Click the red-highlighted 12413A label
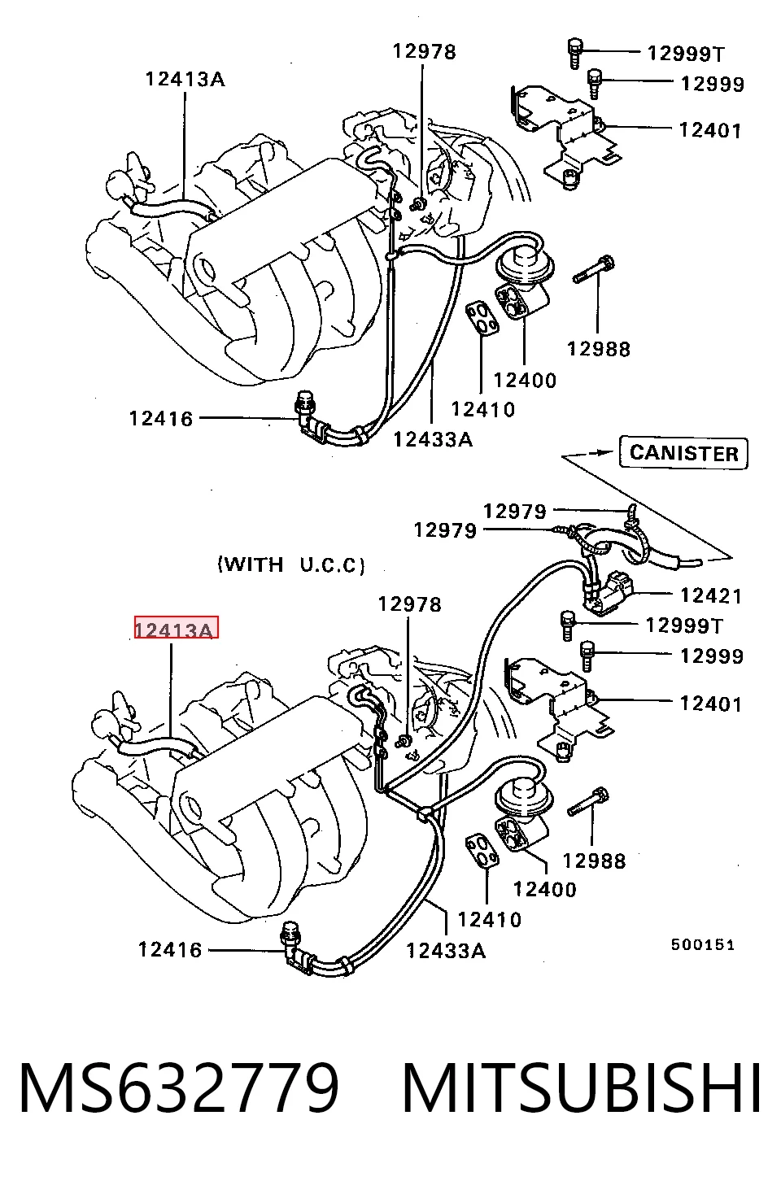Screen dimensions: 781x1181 [177, 627]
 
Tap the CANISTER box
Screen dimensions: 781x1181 [683, 453]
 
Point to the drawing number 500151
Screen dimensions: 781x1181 [702, 944]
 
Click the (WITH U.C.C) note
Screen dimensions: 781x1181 [291, 564]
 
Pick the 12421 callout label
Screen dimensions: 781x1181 [711, 595]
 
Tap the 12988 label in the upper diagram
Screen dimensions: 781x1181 [599, 349]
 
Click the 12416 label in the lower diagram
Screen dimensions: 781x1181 [170, 950]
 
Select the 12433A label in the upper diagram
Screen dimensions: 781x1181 [433, 439]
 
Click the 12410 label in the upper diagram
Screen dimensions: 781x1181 [483, 410]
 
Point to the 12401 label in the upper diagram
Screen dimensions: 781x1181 [710, 130]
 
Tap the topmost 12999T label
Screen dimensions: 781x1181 [686, 53]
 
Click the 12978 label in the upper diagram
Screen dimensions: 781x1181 [425, 52]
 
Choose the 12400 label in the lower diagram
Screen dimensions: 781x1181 [545, 890]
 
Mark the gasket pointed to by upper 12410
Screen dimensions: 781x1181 [482, 319]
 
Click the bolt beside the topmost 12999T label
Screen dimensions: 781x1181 [575, 53]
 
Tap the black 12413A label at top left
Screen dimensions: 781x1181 [185, 80]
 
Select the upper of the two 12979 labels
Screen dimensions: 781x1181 [515, 512]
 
